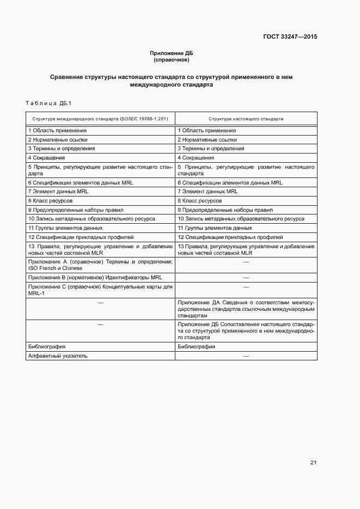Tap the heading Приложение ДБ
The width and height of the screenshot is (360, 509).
172,53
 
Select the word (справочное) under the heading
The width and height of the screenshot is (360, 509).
172,59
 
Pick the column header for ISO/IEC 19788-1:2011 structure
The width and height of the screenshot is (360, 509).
100,118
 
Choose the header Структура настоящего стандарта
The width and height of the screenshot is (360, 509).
246,118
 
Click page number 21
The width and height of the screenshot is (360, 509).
313,463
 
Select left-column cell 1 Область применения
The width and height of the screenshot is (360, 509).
57,131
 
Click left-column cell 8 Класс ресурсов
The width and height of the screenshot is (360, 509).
50,200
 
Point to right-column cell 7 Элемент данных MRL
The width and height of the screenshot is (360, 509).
208,192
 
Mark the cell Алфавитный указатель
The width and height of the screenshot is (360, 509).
58,356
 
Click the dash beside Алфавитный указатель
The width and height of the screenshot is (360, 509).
246,356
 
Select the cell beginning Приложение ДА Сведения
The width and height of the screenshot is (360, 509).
246,309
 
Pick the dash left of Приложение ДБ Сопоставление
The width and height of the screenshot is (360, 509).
100,324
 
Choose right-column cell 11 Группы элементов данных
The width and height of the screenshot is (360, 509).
215,228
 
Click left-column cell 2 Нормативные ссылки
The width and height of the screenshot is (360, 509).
57,140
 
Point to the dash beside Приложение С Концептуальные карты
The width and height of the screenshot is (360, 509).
246,286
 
